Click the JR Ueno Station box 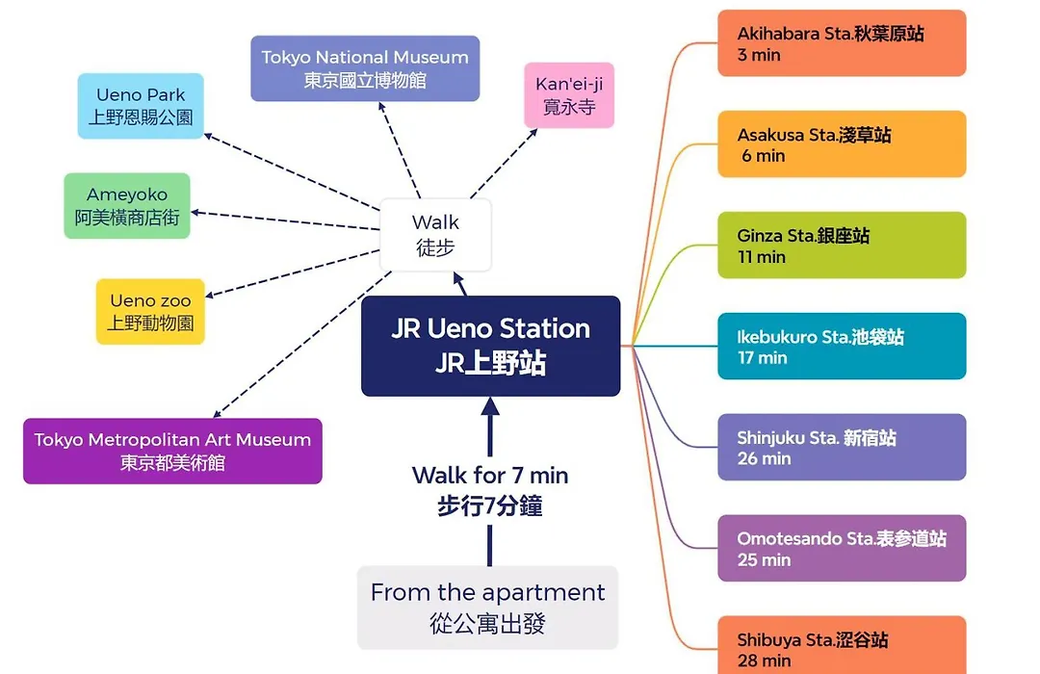point(491,346)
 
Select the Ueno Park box point(141,106)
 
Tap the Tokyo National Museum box point(365,68)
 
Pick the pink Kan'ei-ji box point(569,95)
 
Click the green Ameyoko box point(127,206)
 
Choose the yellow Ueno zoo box point(150,312)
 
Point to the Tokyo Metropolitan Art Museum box point(172,452)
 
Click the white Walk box point(435,235)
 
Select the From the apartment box point(487,608)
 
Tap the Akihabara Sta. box point(842,43)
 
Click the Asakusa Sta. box point(842,144)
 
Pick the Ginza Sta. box point(842,245)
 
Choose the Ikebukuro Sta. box point(842,347)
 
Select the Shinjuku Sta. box point(842,447)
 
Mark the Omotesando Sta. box point(842,548)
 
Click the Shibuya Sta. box point(842,645)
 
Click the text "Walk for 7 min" point(490,475)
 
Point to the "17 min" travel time point(762,358)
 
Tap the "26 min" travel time point(764,458)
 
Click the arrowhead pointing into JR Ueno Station point(490,406)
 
